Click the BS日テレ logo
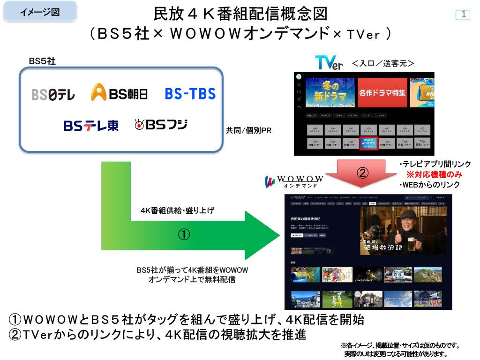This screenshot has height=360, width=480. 53,94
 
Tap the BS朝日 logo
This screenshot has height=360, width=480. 119,93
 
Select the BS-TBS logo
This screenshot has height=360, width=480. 190,93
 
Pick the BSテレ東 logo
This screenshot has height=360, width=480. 91,126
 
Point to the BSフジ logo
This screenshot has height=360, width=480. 161,125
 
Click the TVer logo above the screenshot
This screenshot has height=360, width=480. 329,63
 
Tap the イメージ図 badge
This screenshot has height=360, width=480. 40,12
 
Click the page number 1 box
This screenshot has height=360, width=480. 463,15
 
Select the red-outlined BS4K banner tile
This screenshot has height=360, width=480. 368,143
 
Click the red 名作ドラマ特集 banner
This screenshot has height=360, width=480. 382,92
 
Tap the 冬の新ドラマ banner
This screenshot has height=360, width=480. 330,92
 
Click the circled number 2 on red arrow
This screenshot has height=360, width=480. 362,172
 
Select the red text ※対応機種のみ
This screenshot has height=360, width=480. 434,174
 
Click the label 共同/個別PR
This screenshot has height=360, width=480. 248,131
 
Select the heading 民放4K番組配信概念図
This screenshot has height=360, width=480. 240,14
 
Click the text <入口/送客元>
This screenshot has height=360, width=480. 383,63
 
